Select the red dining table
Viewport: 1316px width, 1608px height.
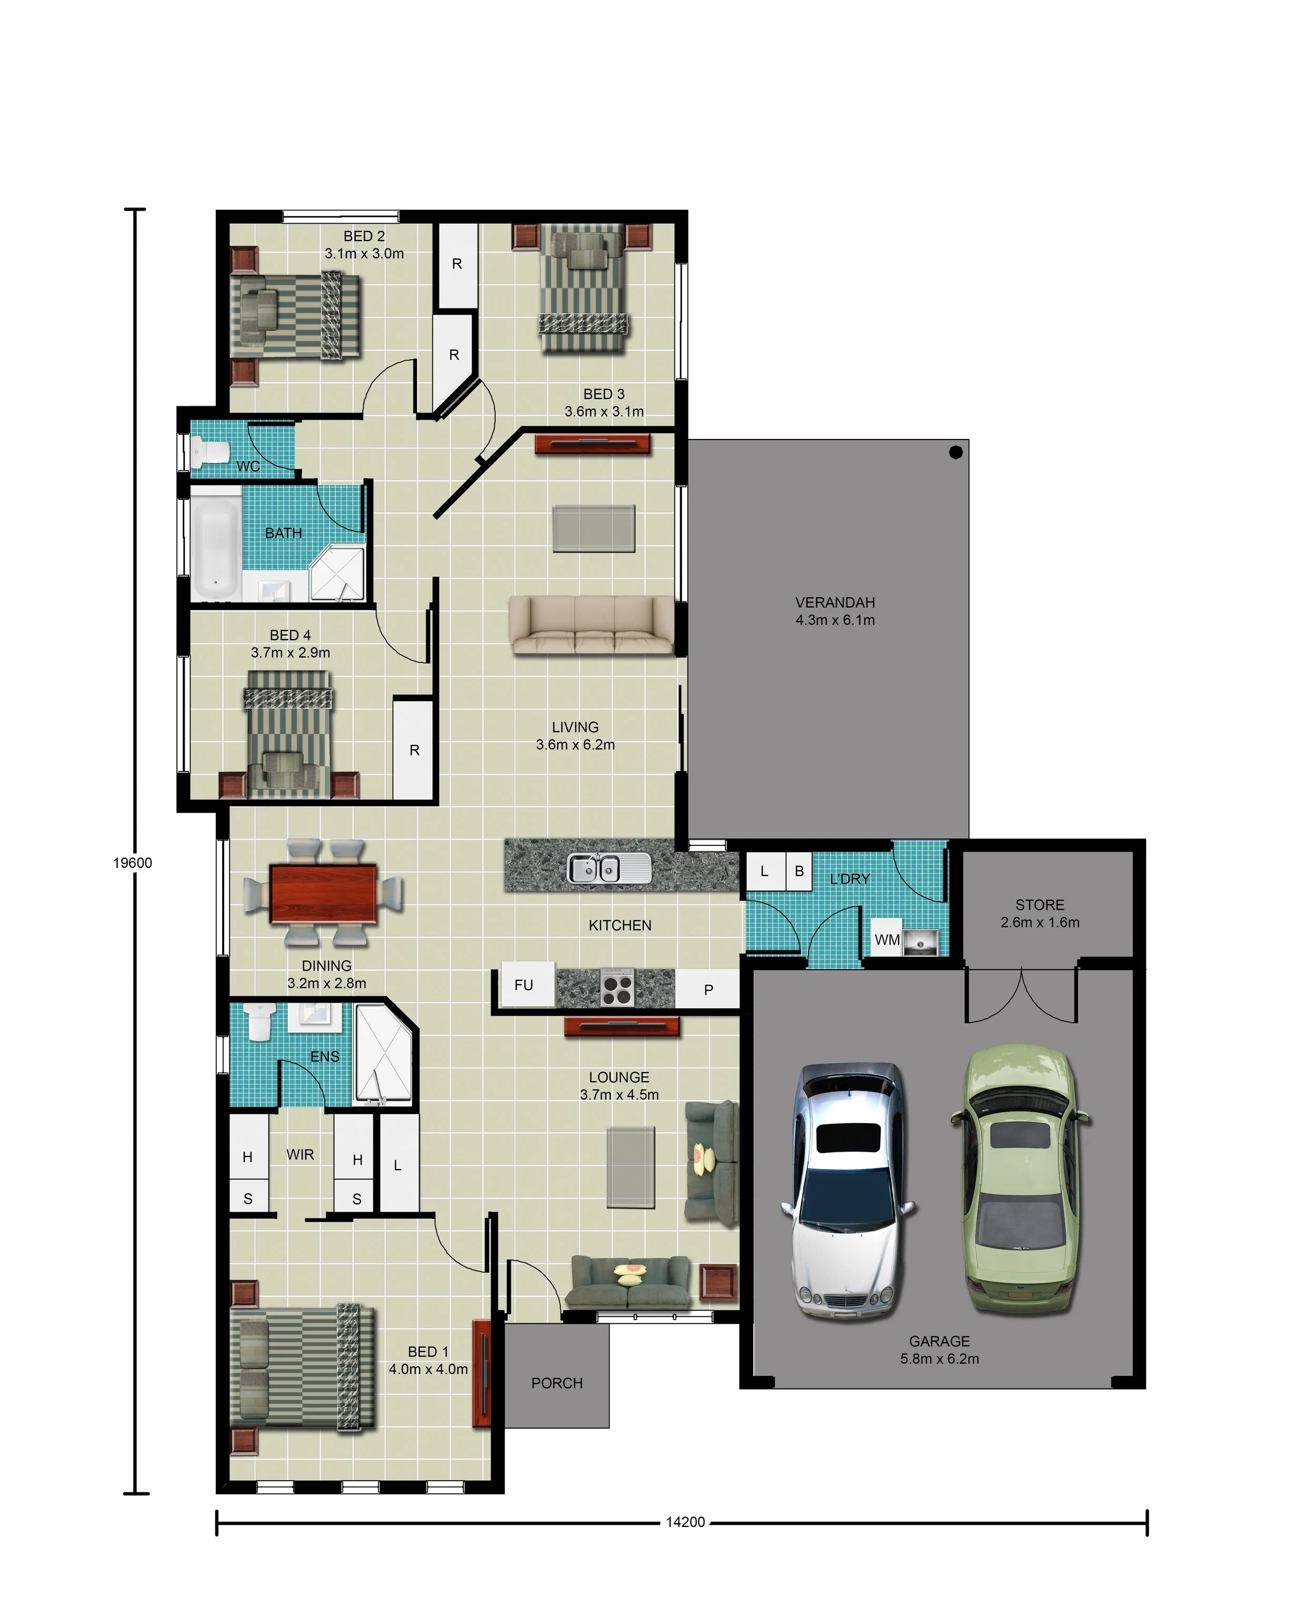(323, 893)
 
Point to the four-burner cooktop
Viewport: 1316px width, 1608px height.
(617, 987)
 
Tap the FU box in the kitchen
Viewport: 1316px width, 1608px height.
(524, 985)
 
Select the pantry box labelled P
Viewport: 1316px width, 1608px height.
(708, 990)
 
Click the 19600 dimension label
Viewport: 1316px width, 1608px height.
(133, 862)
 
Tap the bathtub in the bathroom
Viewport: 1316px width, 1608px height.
(215, 543)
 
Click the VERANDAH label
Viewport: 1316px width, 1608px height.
(835, 603)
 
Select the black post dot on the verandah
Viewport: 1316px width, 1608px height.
(956, 452)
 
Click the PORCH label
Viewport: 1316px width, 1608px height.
(556, 1383)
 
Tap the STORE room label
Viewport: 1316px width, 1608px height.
(1039, 905)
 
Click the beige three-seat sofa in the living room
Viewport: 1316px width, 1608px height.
(591, 625)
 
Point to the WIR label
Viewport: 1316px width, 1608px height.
(300, 1154)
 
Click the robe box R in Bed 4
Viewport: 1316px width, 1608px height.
(414, 750)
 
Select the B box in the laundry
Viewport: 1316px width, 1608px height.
(799, 872)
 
